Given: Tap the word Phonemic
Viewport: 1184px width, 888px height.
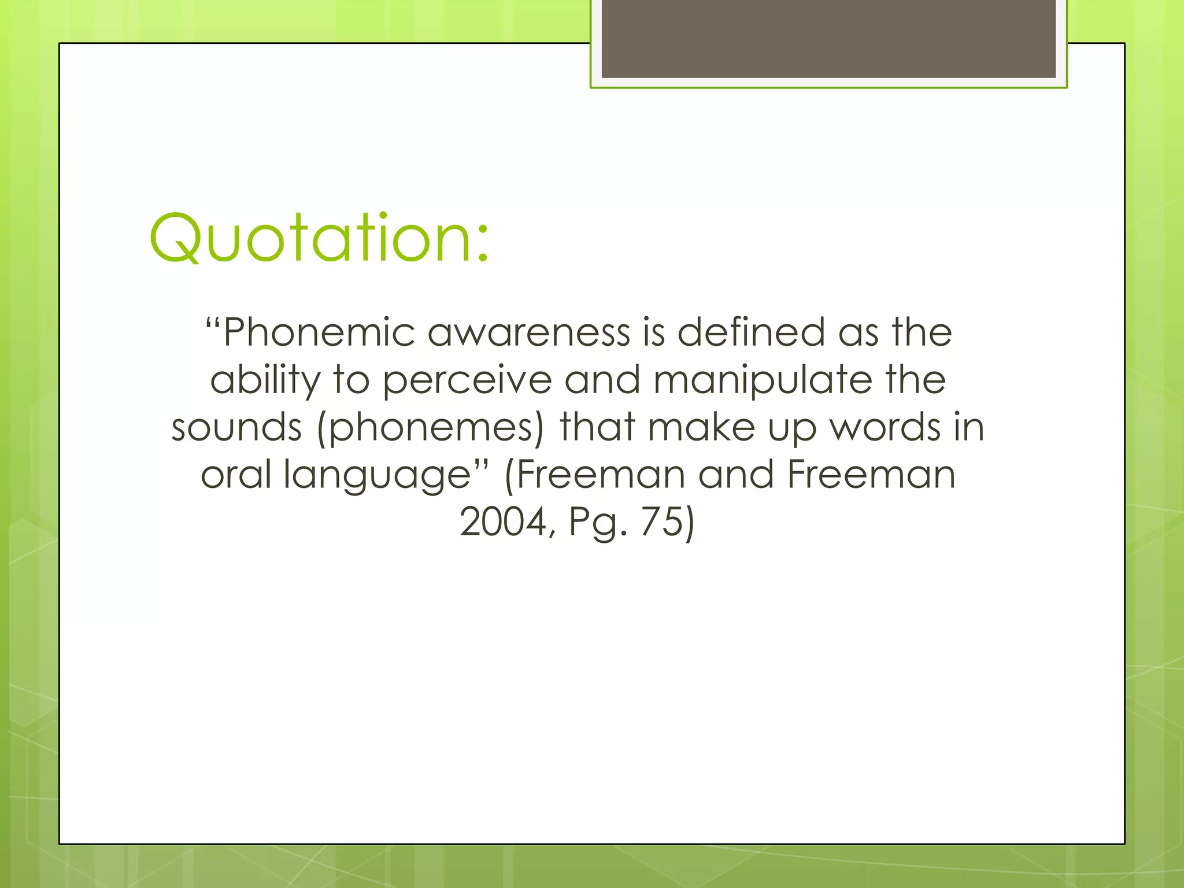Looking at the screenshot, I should click(319, 333).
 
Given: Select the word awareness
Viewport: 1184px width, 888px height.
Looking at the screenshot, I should click(528, 333).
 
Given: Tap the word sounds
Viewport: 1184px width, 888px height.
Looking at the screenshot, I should click(237, 428).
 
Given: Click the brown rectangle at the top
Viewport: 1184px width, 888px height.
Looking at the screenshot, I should click(828, 38).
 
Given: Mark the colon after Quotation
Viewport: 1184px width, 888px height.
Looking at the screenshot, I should click(483, 246).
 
